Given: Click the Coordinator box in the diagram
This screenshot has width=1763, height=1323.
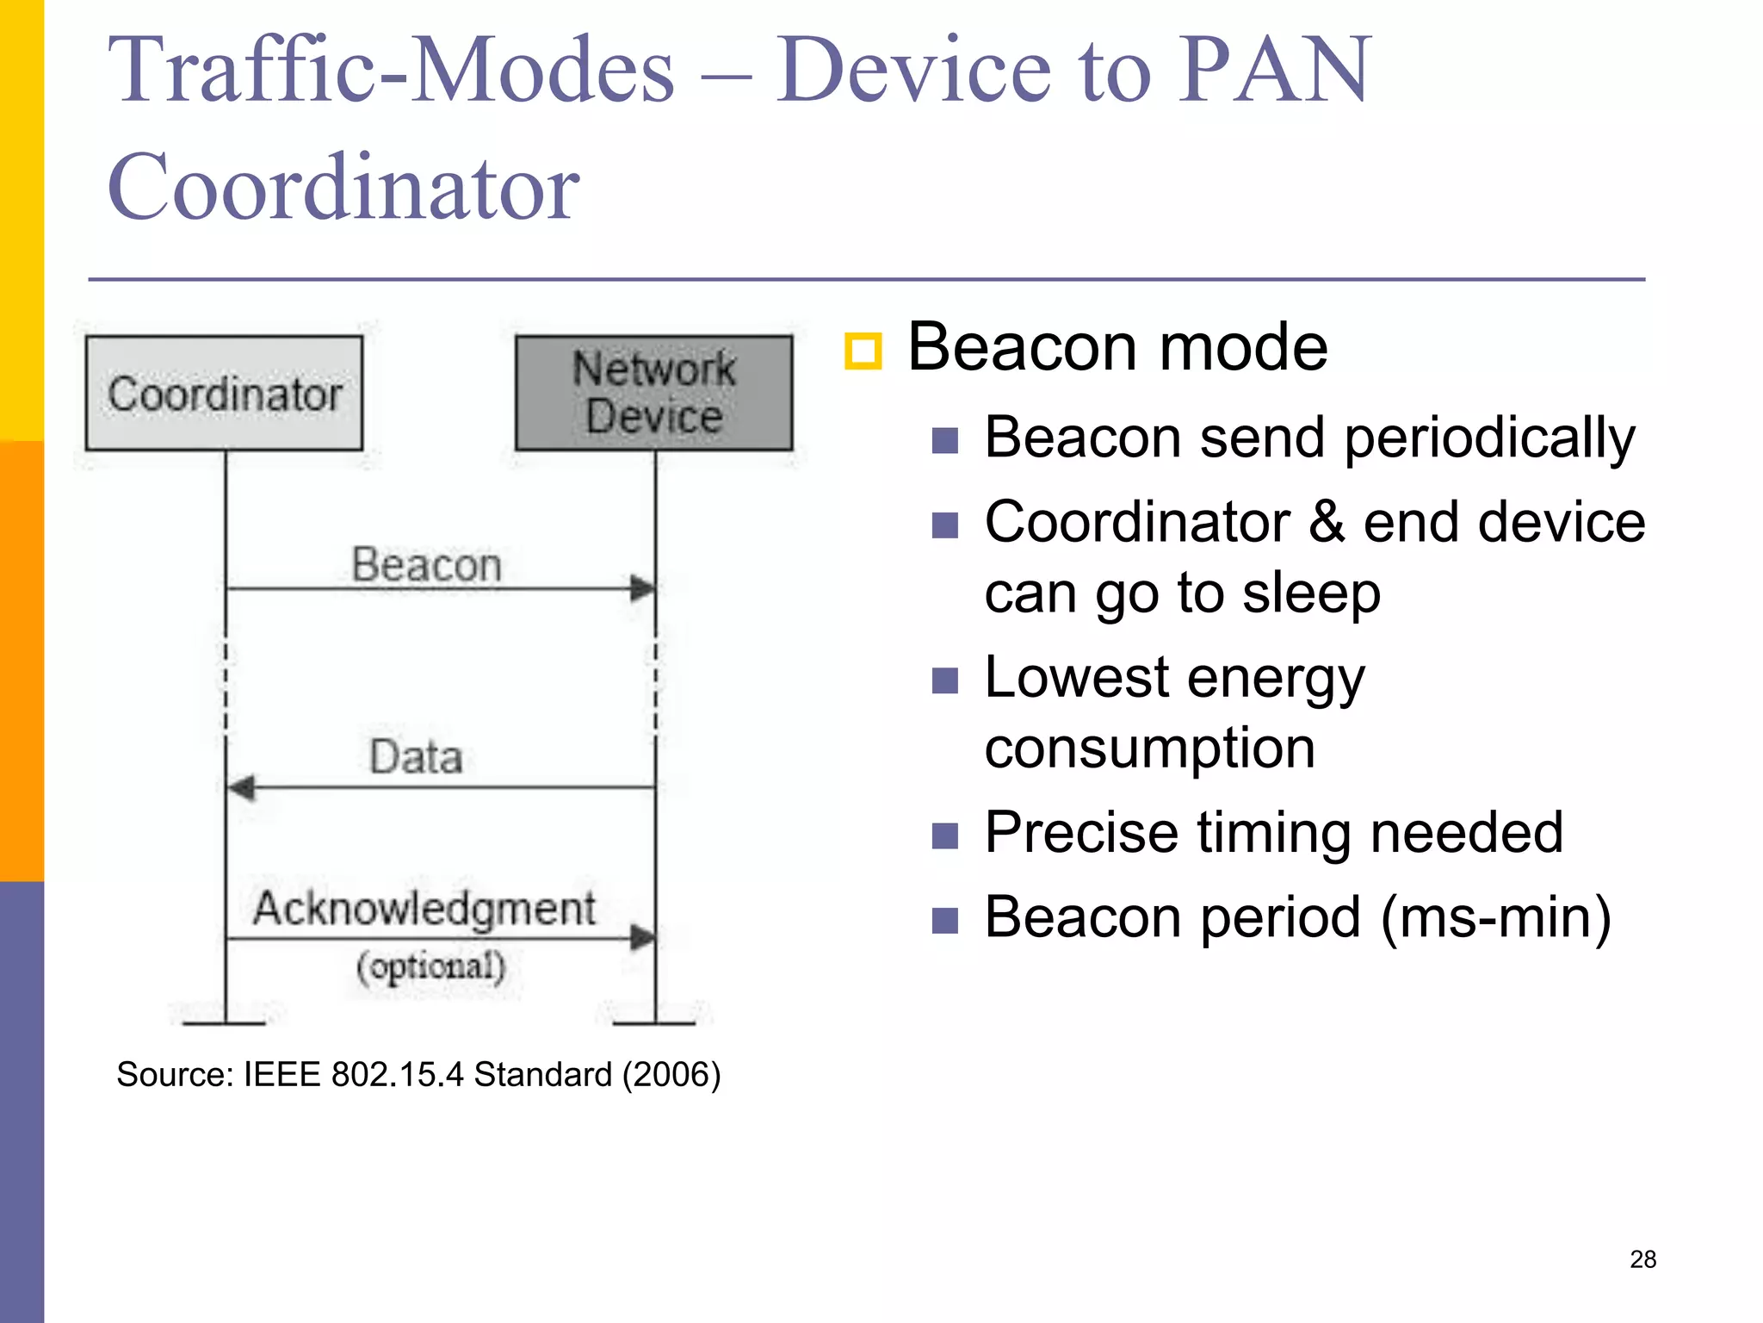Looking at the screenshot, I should [224, 393].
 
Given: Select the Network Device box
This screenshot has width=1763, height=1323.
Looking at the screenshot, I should [653, 393].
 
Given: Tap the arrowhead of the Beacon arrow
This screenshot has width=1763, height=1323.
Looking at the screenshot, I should [643, 588].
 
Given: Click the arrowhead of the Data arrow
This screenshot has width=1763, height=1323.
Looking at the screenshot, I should [240, 787].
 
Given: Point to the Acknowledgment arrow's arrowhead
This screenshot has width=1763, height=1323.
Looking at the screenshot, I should [643, 937].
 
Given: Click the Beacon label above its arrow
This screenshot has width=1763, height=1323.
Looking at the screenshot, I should [426, 565].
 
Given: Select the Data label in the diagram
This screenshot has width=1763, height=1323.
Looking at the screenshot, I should [416, 757].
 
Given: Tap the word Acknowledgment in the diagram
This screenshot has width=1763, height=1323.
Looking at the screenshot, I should [424, 908].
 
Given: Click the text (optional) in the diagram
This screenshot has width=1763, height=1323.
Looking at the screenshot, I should [430, 966].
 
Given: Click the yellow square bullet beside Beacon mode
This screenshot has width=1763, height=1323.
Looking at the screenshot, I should [863, 351].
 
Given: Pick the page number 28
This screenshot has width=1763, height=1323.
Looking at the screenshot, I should [1642, 1259].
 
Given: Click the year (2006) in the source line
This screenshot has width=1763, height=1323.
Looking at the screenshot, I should [671, 1074].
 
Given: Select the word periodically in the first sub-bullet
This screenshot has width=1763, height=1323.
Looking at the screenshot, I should [1489, 438].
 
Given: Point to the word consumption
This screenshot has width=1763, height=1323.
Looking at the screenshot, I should [1149, 747].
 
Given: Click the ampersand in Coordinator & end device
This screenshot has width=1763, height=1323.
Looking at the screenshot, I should [1327, 522].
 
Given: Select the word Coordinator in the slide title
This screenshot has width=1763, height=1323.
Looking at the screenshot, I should [343, 187].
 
